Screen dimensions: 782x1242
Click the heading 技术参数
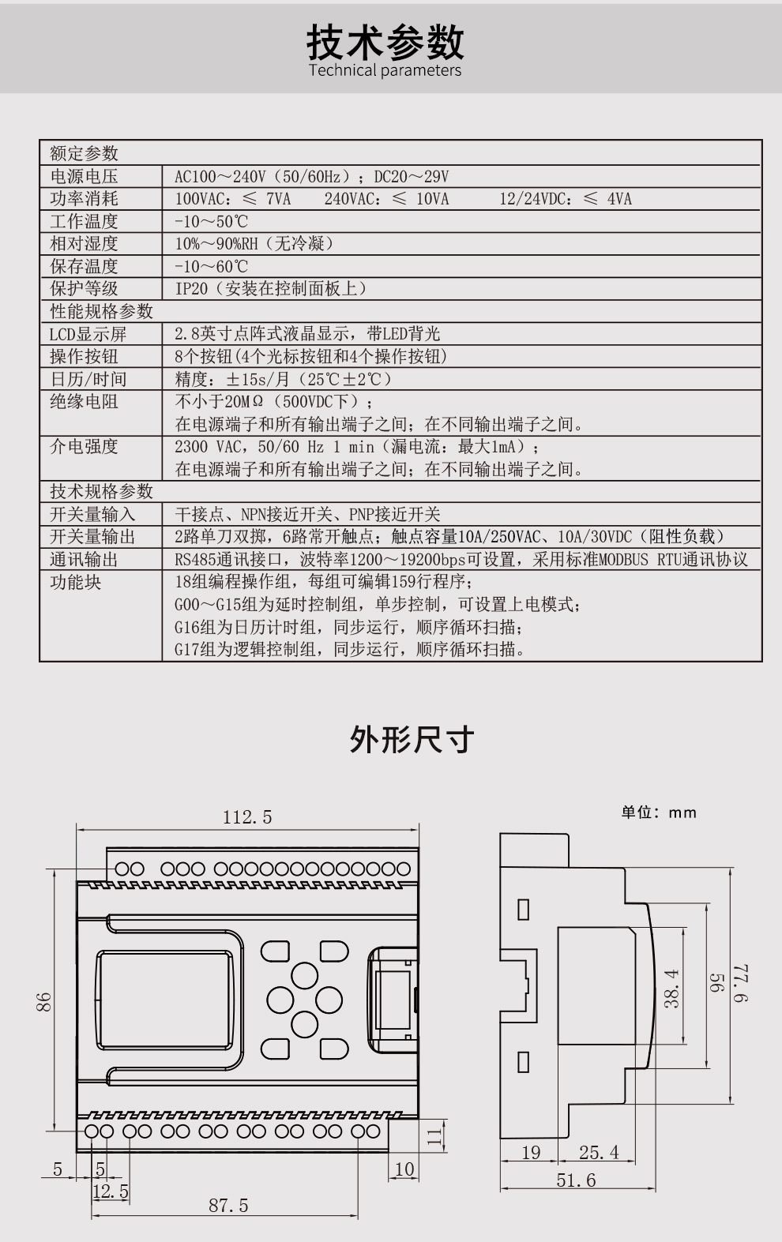coord(385,42)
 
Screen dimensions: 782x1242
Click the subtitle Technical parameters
coord(385,70)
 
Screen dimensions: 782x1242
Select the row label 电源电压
coord(85,176)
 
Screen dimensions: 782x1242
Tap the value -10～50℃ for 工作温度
coord(212,221)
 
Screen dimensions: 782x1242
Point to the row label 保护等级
coord(85,288)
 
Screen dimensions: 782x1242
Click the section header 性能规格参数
coord(101,311)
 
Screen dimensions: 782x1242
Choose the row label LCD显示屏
coord(88,334)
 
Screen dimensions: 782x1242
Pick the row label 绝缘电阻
coord(85,401)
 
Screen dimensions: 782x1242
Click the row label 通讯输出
coord(85,559)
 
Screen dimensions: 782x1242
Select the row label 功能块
coord(75,582)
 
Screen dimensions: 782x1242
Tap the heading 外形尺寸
coord(412,739)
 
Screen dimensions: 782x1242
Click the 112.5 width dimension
coord(247,816)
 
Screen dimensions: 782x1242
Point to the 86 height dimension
coord(43,1002)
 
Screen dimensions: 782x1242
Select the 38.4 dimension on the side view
coord(671,989)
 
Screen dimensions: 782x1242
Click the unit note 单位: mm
coord(658,812)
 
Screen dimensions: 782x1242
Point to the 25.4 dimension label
coord(599,1152)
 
